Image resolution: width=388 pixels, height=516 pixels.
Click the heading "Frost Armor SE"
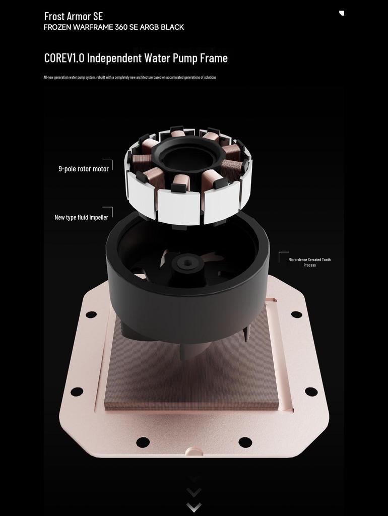(x=74, y=16)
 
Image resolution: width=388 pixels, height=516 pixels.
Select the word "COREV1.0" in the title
(x=64, y=58)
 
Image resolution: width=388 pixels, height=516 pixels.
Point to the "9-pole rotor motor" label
(x=84, y=169)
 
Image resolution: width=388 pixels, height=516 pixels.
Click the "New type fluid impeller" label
(x=81, y=217)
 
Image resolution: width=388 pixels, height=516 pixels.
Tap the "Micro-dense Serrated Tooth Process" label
(x=310, y=262)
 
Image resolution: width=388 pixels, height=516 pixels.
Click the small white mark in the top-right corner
(x=342, y=13)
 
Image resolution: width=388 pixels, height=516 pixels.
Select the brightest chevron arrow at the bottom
(x=194, y=507)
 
